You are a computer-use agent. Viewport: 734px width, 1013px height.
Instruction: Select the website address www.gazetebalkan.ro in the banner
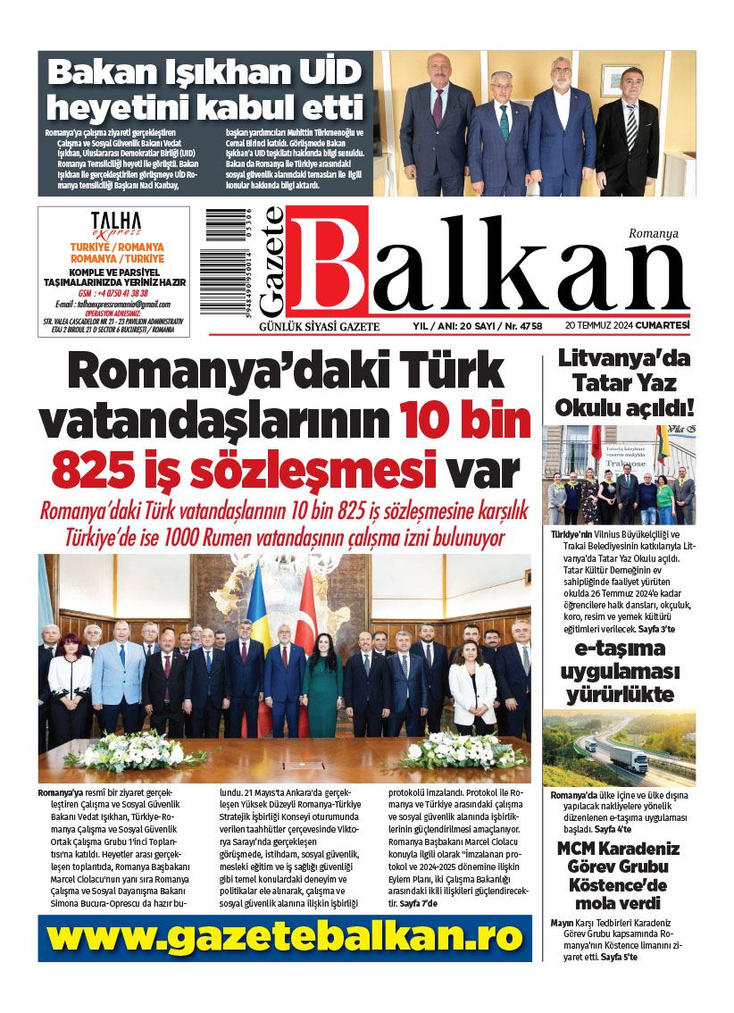click(x=285, y=937)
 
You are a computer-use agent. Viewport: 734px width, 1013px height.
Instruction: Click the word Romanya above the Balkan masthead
click(x=653, y=233)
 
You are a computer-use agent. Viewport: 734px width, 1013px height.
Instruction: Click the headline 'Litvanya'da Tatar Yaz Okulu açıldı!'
click(x=624, y=384)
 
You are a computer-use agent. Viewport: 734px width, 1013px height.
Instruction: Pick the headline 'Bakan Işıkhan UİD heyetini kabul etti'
click(x=206, y=88)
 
